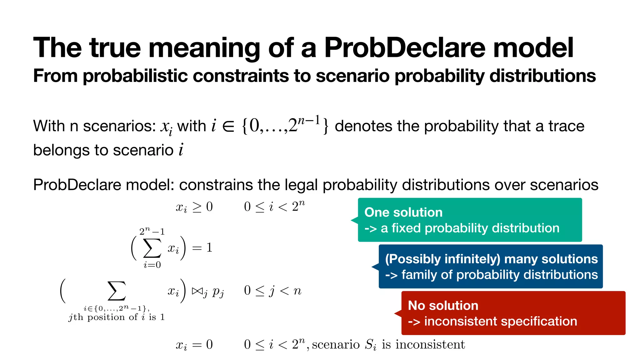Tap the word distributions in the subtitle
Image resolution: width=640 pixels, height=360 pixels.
[x=542, y=76]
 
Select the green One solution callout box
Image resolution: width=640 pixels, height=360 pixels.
[x=470, y=220]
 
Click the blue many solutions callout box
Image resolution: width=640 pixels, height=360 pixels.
[x=491, y=267]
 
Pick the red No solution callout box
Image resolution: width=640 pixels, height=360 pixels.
[x=513, y=313]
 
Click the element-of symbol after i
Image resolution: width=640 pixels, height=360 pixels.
[x=228, y=126]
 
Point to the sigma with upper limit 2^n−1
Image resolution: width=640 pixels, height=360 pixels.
[x=152, y=248]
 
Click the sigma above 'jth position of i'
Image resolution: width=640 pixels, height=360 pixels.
[x=117, y=291]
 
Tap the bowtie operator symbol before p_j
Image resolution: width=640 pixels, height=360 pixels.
[x=197, y=291]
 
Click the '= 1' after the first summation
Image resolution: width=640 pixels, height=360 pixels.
[x=202, y=248]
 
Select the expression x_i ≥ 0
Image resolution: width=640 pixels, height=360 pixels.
[x=194, y=207]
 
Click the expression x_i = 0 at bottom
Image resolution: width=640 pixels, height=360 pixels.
[x=194, y=345]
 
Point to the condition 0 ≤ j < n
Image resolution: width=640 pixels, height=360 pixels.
[x=272, y=291]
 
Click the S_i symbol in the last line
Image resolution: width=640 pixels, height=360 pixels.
[x=371, y=345]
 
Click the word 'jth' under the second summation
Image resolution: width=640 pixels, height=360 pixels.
[x=76, y=317]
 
